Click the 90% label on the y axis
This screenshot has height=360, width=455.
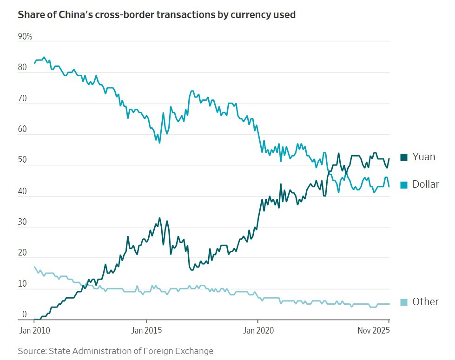pyautogui.click(x=25, y=37)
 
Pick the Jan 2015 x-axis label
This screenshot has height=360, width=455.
pyautogui.click(x=146, y=331)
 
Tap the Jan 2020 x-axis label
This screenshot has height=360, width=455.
pyautogui.click(x=258, y=331)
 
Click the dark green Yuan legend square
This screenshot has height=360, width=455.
pyautogui.click(x=403, y=157)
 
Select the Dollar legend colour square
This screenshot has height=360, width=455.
pyautogui.click(x=403, y=184)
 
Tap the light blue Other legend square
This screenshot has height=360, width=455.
pyautogui.click(x=403, y=302)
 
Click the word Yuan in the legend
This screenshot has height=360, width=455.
pyautogui.click(x=424, y=157)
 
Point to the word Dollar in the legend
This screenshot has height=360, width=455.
pyautogui.click(x=426, y=184)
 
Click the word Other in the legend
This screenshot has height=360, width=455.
pyautogui.click(x=425, y=302)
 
